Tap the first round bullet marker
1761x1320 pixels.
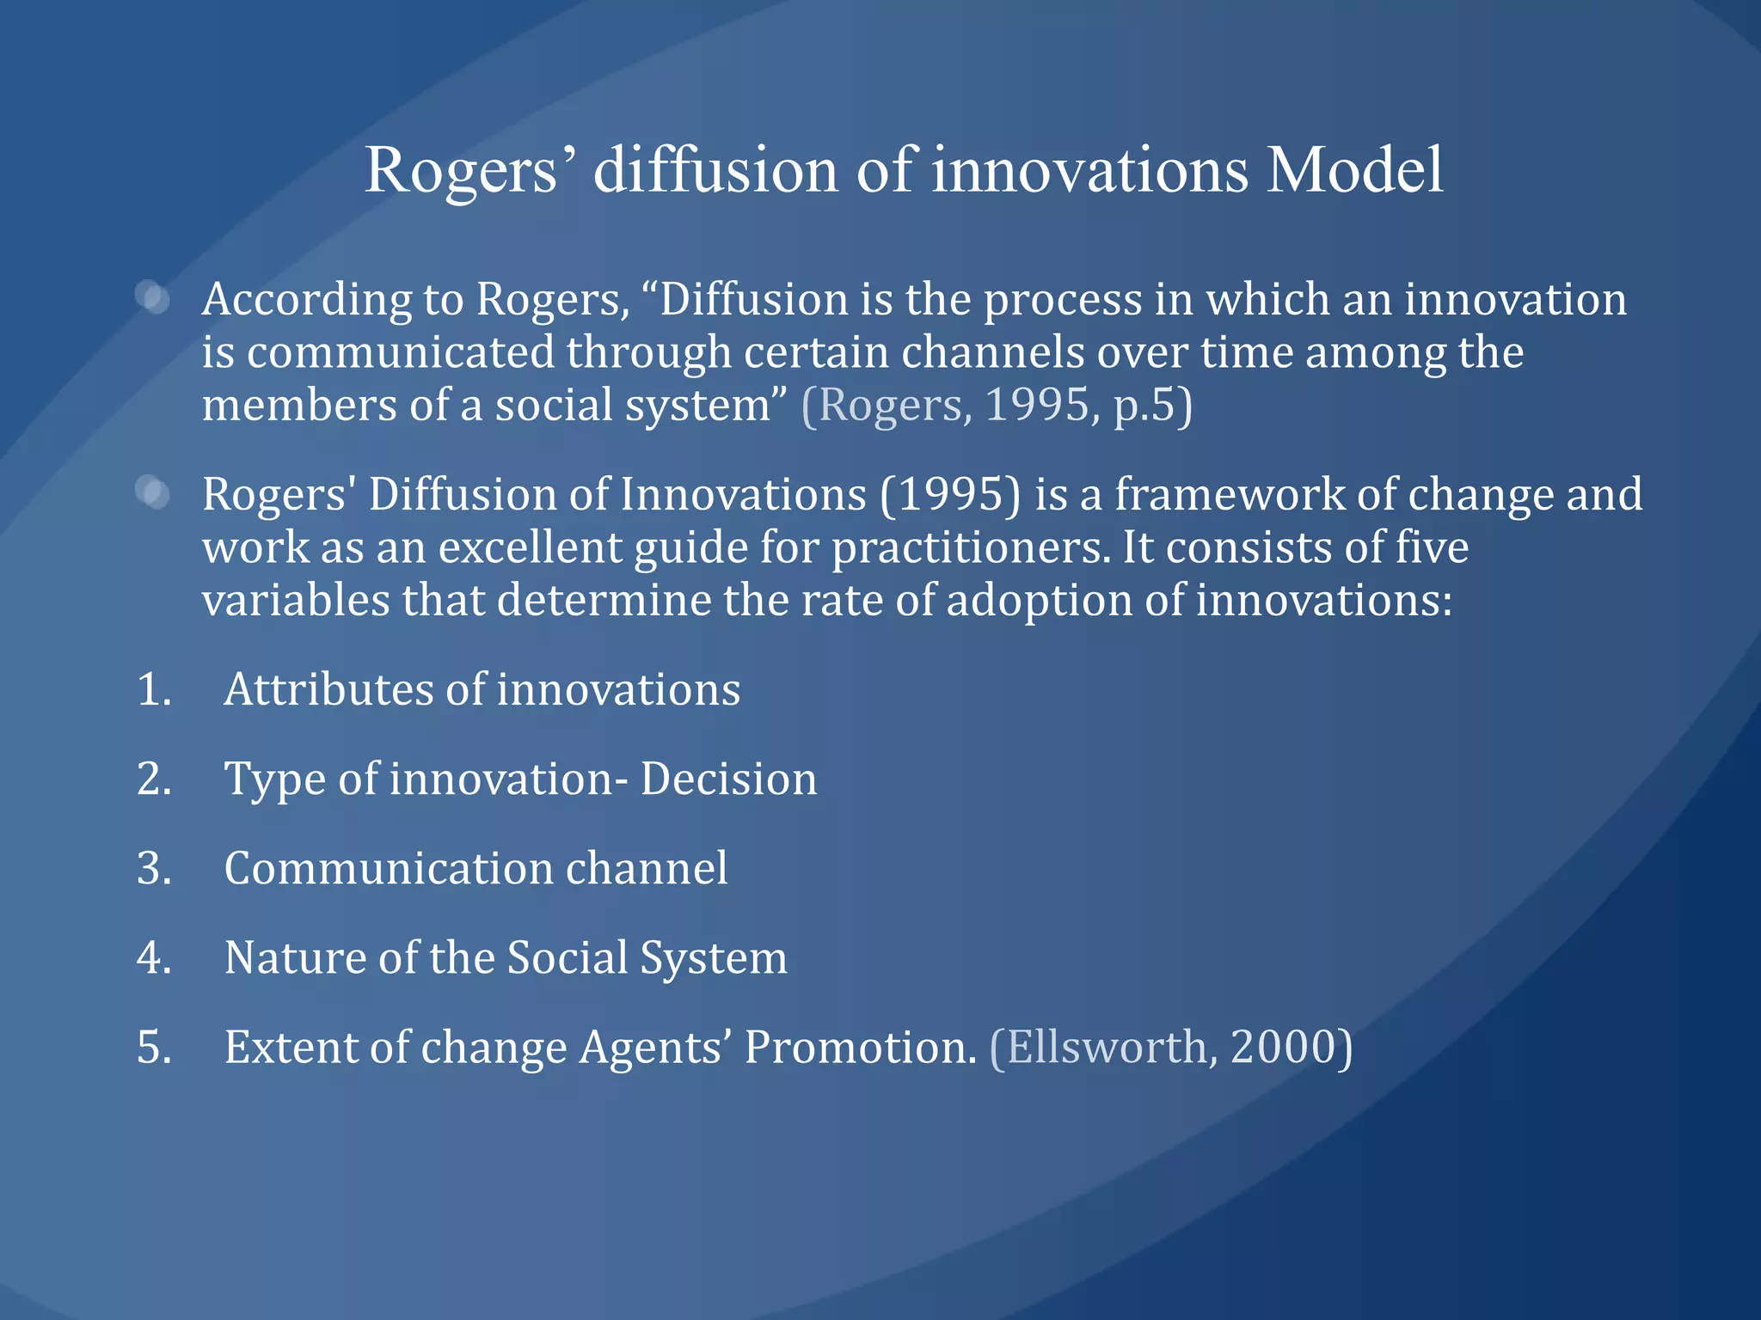(154, 298)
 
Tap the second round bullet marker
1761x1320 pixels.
(154, 493)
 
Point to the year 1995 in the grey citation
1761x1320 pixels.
(1036, 404)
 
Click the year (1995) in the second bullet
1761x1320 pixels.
(950, 495)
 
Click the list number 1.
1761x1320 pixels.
(153, 690)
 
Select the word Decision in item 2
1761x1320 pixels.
(728, 779)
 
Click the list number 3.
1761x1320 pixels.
(153, 869)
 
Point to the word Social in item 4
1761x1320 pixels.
(568, 958)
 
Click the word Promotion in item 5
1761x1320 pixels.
(860, 1048)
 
